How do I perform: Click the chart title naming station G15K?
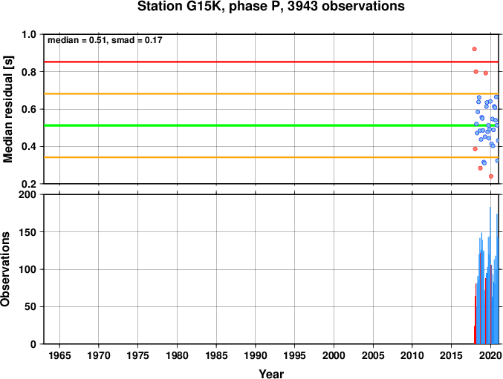pos(271,6)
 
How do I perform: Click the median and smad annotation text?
pos(105,40)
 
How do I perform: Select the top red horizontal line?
pos(271,62)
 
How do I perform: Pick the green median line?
pos(271,125)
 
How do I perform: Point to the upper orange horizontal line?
pos(271,93)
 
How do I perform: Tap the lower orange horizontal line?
pos(271,157)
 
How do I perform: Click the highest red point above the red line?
pos(475,49)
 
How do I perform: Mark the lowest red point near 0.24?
pos(491,177)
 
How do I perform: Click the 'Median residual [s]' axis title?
pos(7,109)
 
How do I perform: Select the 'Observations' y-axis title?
pos(5,269)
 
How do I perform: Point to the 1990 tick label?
pos(256,355)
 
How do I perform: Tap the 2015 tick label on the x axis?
pos(451,355)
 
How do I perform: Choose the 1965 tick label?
pos(59,355)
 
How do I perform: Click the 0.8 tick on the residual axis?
pos(29,72)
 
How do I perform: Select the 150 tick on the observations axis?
pos(27,232)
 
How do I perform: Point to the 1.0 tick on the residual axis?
pos(29,34)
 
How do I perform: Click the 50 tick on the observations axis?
pos(30,306)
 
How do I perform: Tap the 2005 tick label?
pos(373,355)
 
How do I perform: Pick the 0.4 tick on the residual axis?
pos(29,147)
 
